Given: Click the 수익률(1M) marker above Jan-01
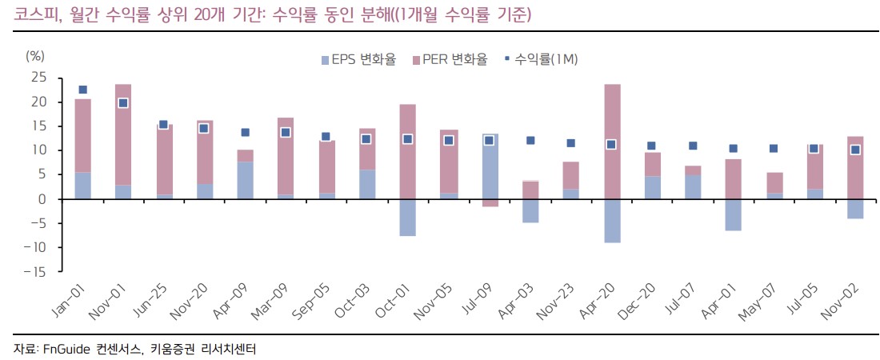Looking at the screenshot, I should [x=82, y=90].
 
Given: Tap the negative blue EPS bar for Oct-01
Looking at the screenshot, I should [x=407, y=217].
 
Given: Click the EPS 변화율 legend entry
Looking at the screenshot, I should [x=358, y=59].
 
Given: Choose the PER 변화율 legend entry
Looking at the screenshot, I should [x=450, y=59].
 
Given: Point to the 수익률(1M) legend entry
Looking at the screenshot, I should [x=541, y=59].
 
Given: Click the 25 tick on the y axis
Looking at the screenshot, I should [x=38, y=78].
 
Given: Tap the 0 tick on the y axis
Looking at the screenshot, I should [x=42, y=198].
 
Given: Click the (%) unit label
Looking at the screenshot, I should [x=35, y=55].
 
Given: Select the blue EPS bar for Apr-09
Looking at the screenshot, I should [x=245, y=180].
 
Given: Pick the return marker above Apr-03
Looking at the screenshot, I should [x=530, y=140].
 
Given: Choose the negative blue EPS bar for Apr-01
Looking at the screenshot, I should [x=733, y=214].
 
